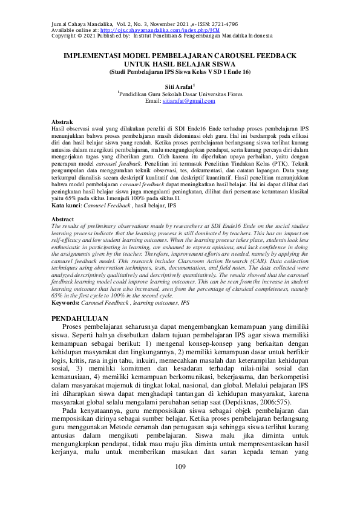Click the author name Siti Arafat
pyautogui.click(x=178, y=87)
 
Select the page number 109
pyautogui.click(x=180, y=467)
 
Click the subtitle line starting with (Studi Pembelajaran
pyautogui.click(x=179, y=71)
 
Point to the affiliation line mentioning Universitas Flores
pyautogui.click(x=180, y=94)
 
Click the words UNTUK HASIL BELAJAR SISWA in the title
pyautogui.click(x=180, y=63)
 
